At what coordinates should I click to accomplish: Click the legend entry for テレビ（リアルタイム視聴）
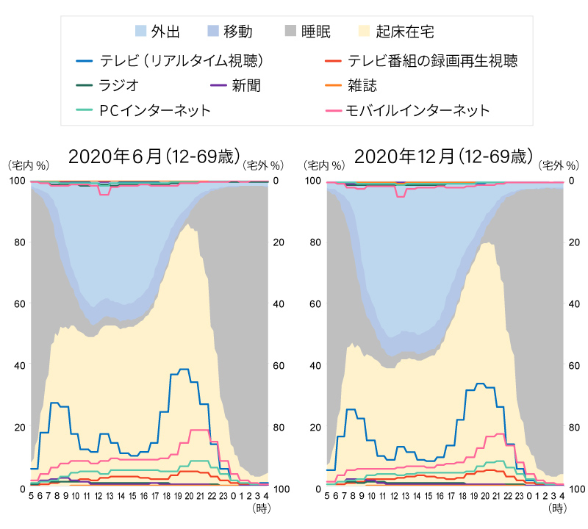[x=169, y=60]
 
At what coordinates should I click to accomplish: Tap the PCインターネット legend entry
[x=143, y=110]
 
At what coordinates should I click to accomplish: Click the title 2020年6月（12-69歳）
[x=154, y=156]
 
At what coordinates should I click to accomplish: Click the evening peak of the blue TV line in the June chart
[x=184, y=369]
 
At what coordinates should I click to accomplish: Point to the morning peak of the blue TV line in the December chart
[x=351, y=409]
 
